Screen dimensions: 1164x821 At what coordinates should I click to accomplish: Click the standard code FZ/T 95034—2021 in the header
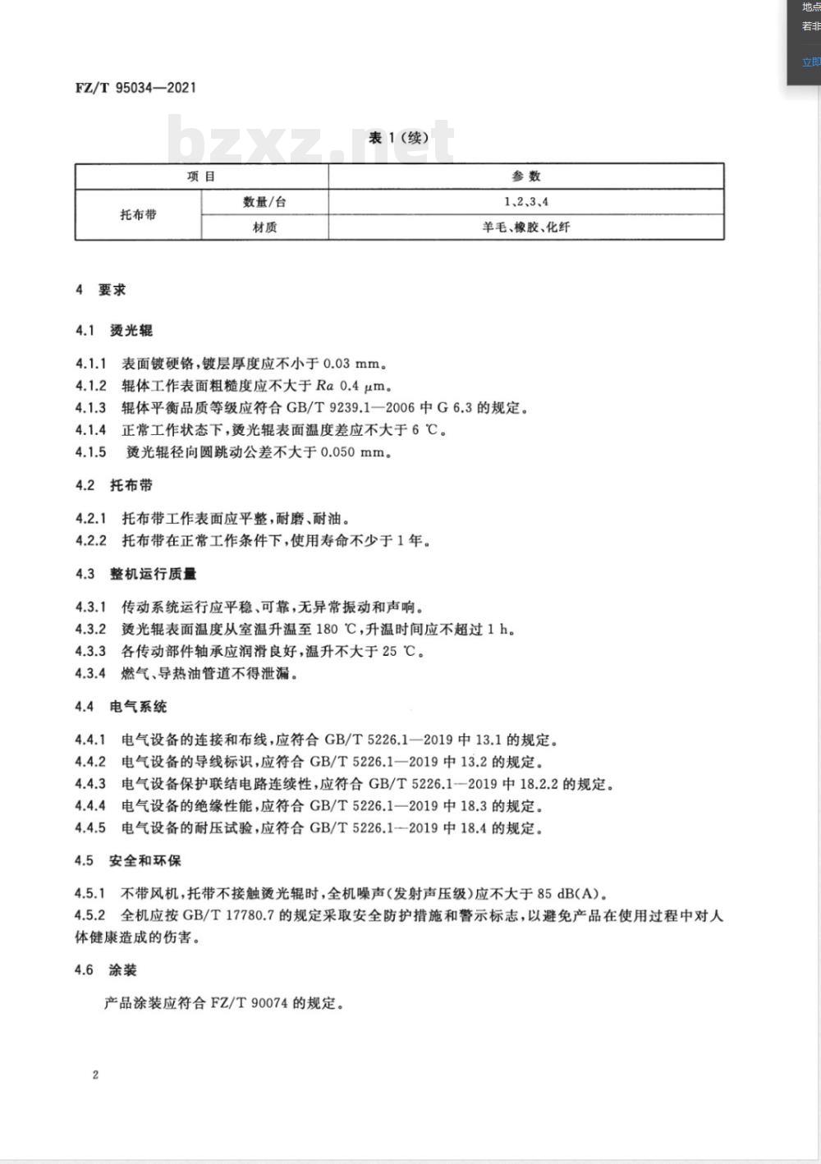tap(135, 88)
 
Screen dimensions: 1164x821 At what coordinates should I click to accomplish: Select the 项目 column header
tap(201, 176)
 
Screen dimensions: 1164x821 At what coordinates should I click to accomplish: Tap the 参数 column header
tap(526, 176)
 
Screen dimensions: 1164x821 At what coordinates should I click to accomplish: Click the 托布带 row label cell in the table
tap(138, 214)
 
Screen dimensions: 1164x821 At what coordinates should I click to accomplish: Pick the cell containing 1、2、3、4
tap(526, 202)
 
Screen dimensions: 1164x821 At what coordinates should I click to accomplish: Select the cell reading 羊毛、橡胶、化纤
tap(526, 227)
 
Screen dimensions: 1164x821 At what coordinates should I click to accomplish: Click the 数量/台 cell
tap(264, 202)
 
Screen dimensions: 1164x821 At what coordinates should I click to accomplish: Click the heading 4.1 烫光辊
tap(114, 331)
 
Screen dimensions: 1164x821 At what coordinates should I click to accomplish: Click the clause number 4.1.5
tap(91, 452)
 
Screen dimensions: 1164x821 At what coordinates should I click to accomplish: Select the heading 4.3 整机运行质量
tap(135, 574)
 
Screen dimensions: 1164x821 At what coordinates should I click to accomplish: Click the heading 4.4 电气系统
tap(121, 707)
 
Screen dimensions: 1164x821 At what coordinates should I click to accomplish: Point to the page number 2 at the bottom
tap(95, 1075)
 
